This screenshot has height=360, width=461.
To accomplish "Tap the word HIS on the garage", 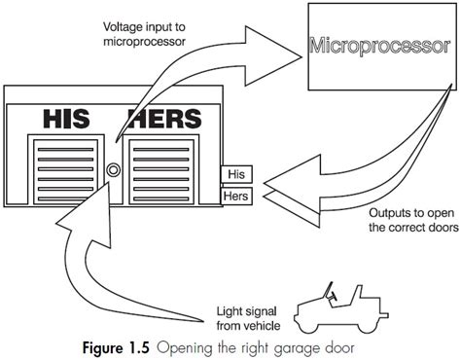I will point(70,120).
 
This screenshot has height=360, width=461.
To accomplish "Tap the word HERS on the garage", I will point(164,120).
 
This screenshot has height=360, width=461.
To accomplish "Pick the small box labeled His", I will point(236,176).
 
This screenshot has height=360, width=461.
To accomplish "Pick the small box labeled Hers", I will point(237,195).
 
